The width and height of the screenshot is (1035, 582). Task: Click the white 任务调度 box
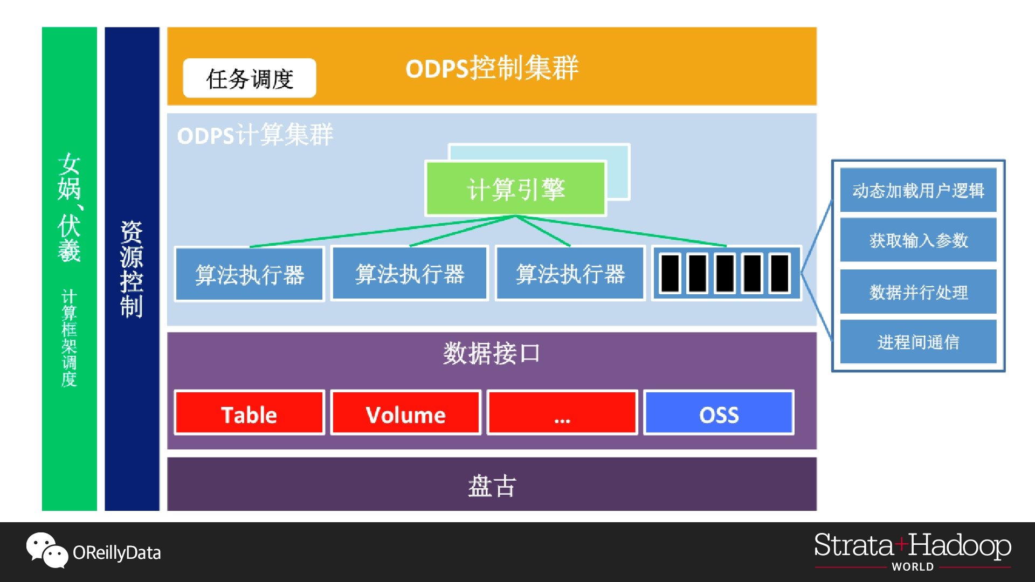249,78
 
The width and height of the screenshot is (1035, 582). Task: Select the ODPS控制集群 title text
492,68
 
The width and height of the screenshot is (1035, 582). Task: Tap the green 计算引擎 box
516,189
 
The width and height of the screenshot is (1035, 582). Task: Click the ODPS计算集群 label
255,135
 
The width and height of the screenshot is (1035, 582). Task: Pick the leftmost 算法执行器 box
249,274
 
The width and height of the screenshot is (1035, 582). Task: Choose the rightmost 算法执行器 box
570,274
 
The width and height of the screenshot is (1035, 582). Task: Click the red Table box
249,414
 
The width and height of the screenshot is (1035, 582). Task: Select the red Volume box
405,414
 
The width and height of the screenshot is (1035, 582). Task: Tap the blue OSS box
719,414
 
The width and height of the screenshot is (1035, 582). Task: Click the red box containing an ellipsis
562,414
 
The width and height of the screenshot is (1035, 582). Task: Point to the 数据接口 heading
491,354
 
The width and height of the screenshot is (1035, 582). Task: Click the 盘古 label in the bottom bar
492,486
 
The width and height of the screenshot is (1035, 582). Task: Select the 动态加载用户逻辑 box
918,190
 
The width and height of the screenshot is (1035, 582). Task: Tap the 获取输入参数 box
918,240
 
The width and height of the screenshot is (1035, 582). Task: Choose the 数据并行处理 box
918,292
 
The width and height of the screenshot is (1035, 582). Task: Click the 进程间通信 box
918,342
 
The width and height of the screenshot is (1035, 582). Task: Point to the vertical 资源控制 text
132,269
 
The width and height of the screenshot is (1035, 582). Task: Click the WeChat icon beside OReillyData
47,550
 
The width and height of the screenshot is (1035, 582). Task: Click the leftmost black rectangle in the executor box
670,273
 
